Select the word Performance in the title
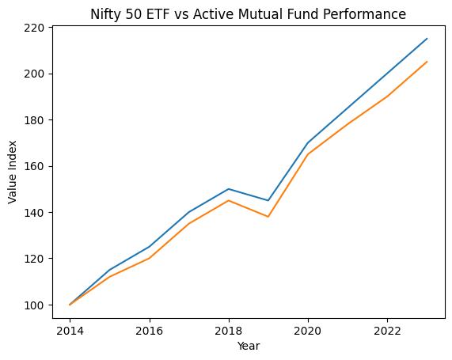(367, 14)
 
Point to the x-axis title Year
(249, 346)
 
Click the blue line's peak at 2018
(229, 189)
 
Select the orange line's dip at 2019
(268, 217)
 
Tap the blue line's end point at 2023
(427, 39)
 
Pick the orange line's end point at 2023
(427, 62)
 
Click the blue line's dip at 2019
(268, 200)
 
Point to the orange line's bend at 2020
(308, 154)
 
